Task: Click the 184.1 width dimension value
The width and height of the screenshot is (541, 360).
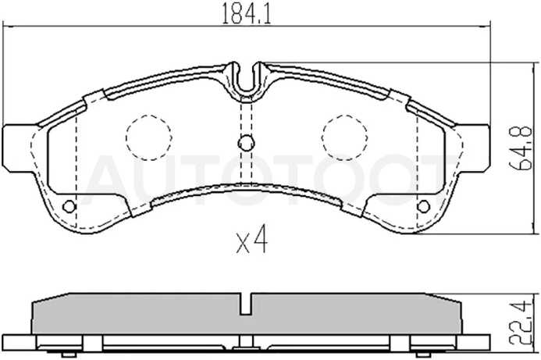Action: tap(246, 13)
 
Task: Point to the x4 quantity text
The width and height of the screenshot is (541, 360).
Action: tap(251, 239)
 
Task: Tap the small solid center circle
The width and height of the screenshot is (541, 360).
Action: tap(246, 143)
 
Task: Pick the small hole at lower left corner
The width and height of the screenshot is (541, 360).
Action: tap(69, 207)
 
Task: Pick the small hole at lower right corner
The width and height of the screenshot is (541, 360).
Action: tap(423, 207)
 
